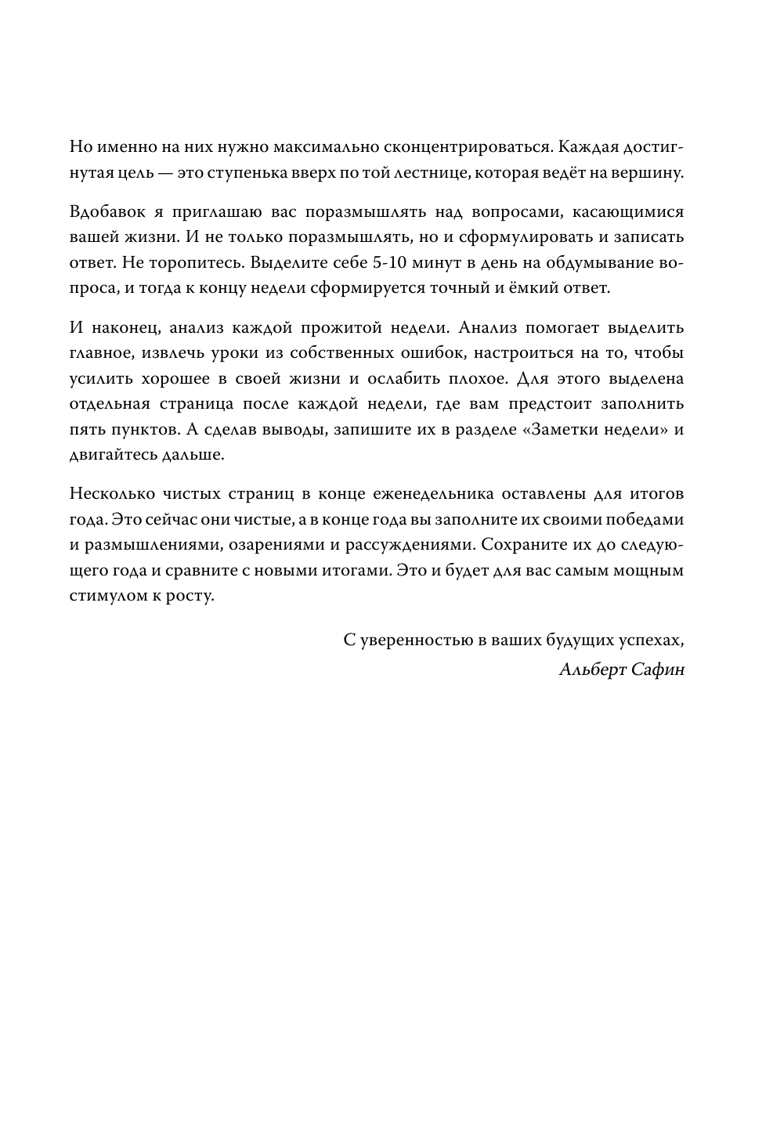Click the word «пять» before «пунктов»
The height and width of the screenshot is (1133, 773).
coord(85,429)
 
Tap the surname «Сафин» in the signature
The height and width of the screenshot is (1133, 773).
coord(658,669)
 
